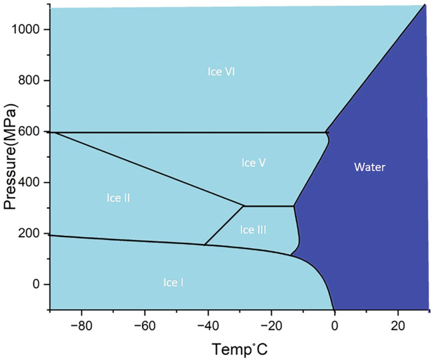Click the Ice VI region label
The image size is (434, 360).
pos(222,71)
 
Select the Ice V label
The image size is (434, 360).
pos(253,163)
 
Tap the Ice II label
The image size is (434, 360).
pos(118,198)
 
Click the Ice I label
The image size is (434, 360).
pos(173,282)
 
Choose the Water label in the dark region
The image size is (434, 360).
pos(369,167)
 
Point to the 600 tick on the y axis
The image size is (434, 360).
pos(33,132)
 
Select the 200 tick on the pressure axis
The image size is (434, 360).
pos(33,233)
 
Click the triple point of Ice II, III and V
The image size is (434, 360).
pos(245,206)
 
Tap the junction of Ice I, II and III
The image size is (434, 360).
pos(204,245)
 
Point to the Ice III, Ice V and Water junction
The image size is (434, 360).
pos(294,206)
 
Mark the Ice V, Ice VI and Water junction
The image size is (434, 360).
pos(325,132)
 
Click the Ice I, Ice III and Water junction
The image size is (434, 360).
pos(291,255)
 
